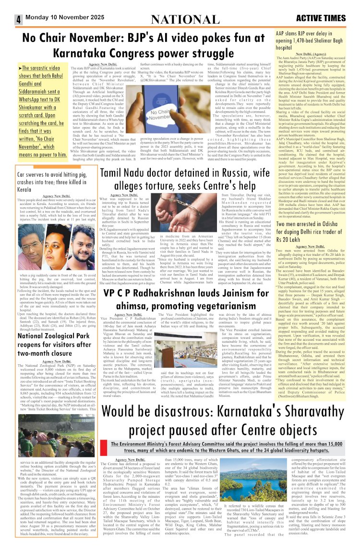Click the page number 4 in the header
(17, 19)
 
